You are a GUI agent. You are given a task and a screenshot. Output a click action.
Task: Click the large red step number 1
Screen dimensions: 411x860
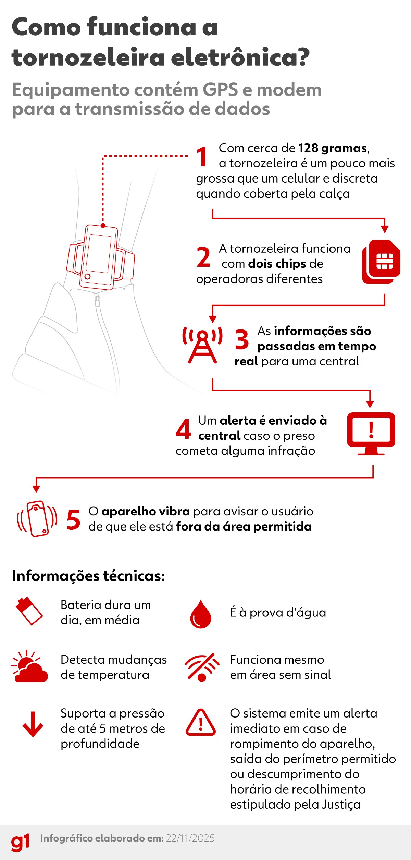pos(202,157)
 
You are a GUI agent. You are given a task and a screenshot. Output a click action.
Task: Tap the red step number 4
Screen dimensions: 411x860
pos(183,429)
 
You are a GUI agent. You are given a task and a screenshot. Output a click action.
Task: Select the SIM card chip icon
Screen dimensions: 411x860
pos(381,262)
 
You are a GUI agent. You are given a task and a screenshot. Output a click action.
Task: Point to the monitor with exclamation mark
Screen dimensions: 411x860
pos(371,434)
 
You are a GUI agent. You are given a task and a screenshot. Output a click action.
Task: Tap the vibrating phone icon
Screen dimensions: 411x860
pos(37,519)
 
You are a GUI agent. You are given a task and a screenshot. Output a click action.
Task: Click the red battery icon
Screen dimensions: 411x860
pos(29,611)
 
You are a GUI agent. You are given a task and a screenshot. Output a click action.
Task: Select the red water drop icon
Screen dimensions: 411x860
pos(201,614)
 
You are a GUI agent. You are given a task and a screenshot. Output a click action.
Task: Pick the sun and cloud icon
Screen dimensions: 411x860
pos(29,666)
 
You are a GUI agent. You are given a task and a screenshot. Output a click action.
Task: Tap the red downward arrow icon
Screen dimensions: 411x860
pos(33,724)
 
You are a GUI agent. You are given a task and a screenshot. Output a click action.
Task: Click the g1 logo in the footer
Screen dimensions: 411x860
pos(20,842)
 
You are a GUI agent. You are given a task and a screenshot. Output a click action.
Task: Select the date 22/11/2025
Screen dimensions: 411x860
pos(190,838)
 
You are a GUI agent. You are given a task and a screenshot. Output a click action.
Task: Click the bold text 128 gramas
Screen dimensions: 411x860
pos(333,148)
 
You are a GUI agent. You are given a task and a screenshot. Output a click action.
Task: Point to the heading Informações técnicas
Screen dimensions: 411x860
pos(88,576)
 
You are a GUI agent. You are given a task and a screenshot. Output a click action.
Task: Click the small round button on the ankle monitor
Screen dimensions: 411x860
pos(88,276)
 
